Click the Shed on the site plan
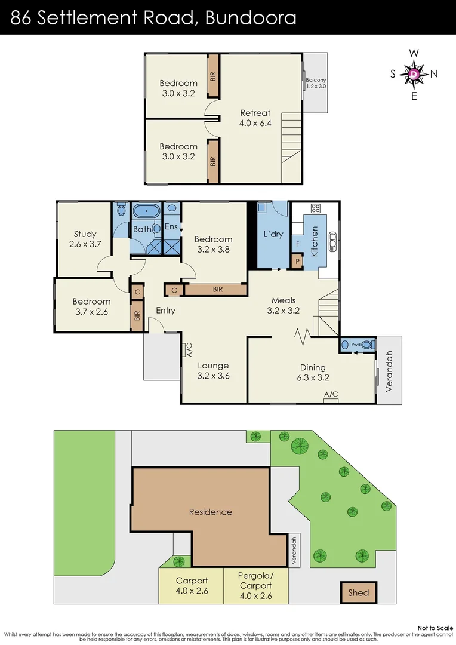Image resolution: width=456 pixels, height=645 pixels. (359, 592)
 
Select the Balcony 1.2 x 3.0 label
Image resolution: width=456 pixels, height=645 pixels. (316, 83)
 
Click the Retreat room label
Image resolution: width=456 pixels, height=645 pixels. (255, 118)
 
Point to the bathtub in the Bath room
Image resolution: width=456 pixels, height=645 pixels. (145, 211)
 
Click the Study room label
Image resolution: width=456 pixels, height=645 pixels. (85, 239)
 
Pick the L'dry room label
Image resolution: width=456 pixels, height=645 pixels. (273, 234)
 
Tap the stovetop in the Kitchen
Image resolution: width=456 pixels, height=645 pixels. (315, 209)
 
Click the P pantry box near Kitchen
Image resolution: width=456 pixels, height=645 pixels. (296, 261)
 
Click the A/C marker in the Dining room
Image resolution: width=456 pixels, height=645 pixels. (331, 395)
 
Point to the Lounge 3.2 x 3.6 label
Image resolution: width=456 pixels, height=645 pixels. (213, 371)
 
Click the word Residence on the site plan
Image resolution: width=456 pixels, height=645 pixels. (210, 512)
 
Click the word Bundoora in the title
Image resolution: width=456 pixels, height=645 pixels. (250, 17)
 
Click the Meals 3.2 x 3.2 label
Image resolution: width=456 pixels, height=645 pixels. (283, 305)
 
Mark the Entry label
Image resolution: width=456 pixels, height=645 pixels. (165, 311)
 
